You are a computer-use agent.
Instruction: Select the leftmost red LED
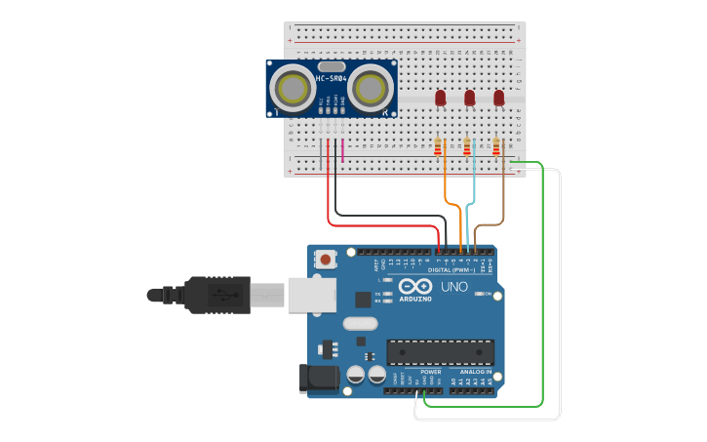coord(440,98)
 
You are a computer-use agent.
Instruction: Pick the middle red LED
coord(469,98)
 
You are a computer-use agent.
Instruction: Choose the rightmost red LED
coord(499,98)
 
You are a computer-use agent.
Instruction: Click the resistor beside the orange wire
coord(438,146)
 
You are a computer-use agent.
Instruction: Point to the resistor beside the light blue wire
coord(467,146)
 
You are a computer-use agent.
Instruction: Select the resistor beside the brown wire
coord(496,146)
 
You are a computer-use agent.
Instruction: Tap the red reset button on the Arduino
coord(326,260)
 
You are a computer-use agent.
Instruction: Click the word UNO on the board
coord(454,288)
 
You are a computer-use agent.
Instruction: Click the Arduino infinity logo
coord(415,288)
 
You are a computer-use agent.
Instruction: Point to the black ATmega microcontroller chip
coord(440,352)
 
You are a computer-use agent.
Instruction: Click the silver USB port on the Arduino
coord(311,294)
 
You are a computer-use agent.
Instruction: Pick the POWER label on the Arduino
coord(430,372)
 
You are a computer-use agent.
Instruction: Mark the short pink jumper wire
coord(342,149)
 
